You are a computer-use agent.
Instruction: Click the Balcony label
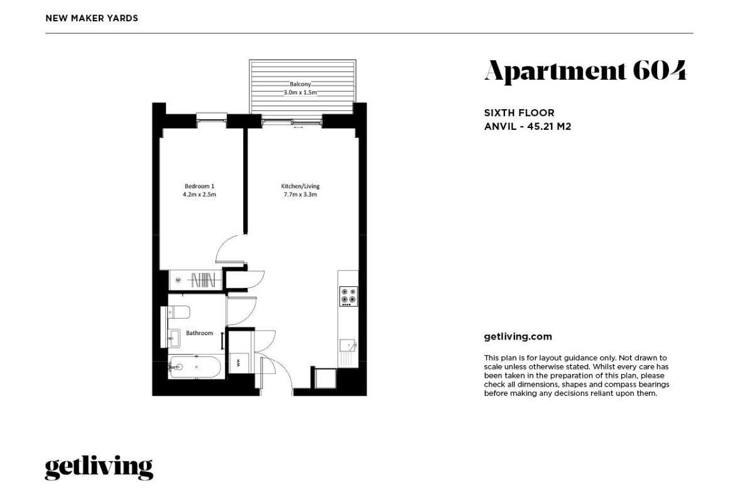(x=300, y=84)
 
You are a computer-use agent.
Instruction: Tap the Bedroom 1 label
(x=199, y=186)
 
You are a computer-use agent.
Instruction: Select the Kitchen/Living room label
(x=300, y=186)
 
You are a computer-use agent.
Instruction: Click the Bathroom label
(x=199, y=333)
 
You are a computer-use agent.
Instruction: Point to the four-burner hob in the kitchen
(x=348, y=296)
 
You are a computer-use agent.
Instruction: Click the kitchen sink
(x=347, y=346)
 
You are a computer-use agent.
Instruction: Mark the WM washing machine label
(x=238, y=363)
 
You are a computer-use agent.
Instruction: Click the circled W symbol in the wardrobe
(x=178, y=280)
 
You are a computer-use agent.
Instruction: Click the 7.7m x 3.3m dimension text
(x=300, y=194)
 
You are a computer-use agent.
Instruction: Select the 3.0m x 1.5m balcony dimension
(x=300, y=92)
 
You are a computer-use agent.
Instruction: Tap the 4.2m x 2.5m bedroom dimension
(x=199, y=194)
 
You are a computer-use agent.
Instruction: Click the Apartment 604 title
(x=585, y=71)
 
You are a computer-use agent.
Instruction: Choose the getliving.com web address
(x=518, y=336)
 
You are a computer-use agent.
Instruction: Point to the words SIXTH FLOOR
(x=519, y=113)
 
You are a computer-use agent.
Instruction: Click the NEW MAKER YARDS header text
(x=92, y=18)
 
